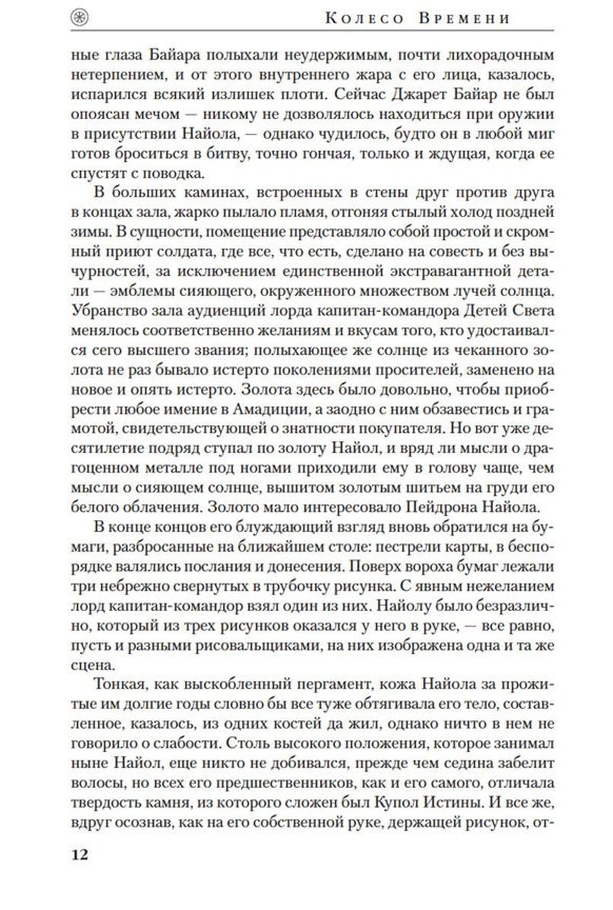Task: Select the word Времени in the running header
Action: pos(464,19)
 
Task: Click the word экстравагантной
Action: pos(443,271)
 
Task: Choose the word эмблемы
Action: pos(137,291)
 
